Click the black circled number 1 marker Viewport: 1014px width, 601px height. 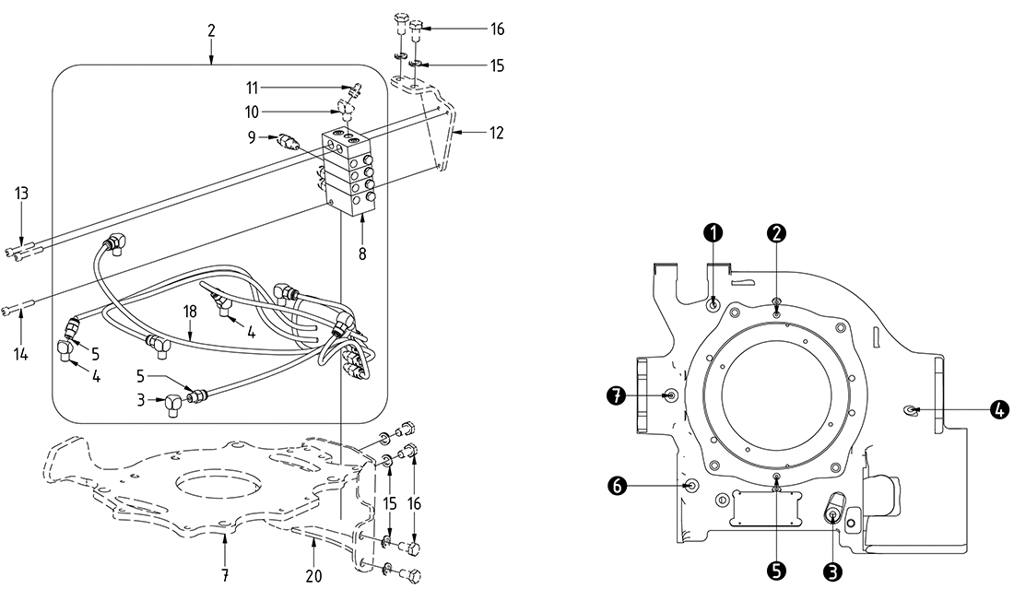pos(714,232)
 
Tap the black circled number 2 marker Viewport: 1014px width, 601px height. pos(778,232)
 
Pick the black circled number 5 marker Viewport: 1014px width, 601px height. pos(777,572)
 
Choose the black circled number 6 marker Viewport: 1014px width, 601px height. pos(616,483)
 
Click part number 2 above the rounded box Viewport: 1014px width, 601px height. pos(212,30)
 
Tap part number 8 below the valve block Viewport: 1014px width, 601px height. pos(362,253)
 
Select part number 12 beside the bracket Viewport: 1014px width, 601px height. pos(497,133)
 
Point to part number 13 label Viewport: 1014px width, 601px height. pos(21,193)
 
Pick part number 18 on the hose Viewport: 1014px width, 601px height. pos(190,312)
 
